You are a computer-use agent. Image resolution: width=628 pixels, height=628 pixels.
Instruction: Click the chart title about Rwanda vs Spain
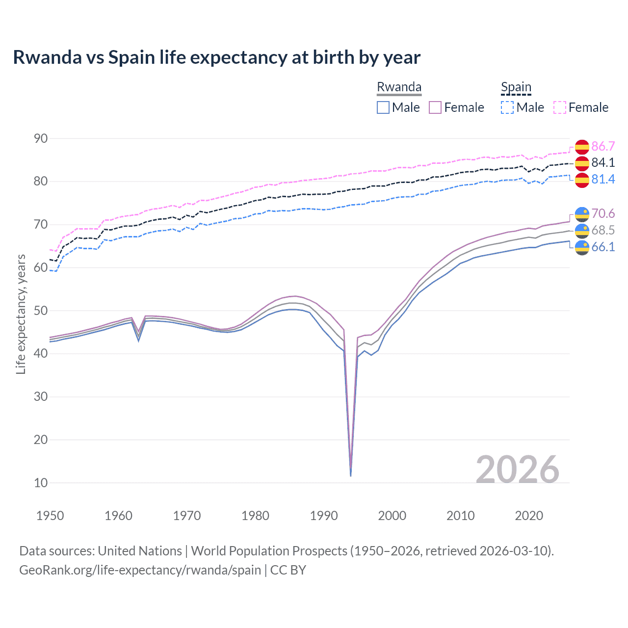tap(216, 57)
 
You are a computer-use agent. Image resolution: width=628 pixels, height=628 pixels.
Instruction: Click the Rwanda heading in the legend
tap(399, 87)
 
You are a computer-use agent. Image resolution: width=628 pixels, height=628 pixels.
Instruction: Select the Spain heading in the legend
tap(516, 87)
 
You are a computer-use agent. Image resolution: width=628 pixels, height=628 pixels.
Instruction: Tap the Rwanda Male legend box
tap(383, 107)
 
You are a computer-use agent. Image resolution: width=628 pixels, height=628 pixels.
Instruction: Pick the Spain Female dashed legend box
tap(560, 107)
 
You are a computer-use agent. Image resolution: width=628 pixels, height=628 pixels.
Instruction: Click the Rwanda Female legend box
tap(435, 107)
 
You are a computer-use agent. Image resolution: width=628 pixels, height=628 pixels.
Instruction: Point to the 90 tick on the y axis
tap(41, 138)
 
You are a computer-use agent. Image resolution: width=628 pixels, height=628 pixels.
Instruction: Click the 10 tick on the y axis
tap(41, 483)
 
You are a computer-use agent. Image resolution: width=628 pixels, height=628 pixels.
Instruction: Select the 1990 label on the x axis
tap(324, 516)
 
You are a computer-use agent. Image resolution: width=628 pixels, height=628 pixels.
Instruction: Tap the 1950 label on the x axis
tap(50, 516)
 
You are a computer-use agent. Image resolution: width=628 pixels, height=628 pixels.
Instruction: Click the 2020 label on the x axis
tap(529, 516)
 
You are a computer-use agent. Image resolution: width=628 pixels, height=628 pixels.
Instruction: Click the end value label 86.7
tap(603, 146)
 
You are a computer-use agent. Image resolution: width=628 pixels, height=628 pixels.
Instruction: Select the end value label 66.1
tap(603, 247)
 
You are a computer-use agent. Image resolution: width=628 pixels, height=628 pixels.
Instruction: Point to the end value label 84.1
tap(603, 162)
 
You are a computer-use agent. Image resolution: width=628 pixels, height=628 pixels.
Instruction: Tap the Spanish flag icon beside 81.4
tap(582, 180)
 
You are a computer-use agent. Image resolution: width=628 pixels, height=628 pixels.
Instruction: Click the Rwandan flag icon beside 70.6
tap(582, 214)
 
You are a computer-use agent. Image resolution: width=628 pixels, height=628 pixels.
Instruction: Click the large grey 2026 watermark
tap(518, 470)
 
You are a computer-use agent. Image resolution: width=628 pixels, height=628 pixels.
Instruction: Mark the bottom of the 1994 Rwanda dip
tap(350, 475)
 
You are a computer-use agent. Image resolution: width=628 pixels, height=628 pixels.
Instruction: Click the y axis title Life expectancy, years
tap(21, 314)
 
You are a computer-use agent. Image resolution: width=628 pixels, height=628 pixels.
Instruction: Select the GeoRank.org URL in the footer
tap(140, 570)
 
